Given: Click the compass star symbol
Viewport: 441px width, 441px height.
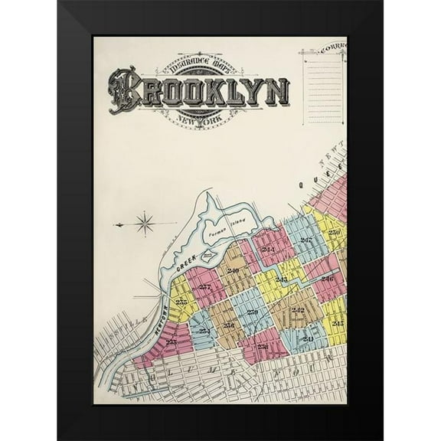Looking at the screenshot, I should coord(145,224).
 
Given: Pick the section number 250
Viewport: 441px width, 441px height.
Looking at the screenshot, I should coord(334,232).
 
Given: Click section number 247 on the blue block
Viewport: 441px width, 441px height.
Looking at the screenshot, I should coord(305,241).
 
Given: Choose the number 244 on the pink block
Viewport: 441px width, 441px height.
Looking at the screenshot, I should coord(268,250).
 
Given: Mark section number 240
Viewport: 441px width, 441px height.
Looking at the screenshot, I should coord(233,270).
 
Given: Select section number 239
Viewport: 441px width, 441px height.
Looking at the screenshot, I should coord(252,312).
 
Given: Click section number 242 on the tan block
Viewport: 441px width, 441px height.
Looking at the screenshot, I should coord(297,309).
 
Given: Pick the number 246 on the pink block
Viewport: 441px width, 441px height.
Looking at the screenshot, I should coord(327,278).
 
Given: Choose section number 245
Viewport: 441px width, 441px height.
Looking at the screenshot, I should coord(338,323).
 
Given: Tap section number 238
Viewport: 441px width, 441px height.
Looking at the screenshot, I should coord(262,346).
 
